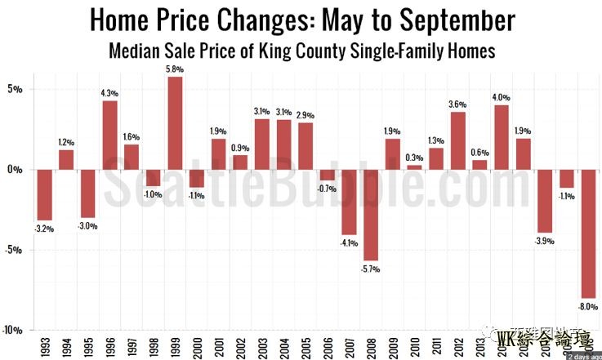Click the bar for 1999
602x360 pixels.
(175, 123)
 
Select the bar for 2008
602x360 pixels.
(371, 215)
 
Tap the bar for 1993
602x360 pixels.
(44, 195)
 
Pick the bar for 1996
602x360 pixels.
(109, 135)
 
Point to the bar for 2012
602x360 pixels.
(457, 140)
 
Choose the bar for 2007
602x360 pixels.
(349, 202)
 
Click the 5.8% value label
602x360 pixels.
(175, 69)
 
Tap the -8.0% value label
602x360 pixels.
(586, 307)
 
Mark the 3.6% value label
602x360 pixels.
(457, 104)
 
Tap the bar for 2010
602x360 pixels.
(414, 167)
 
